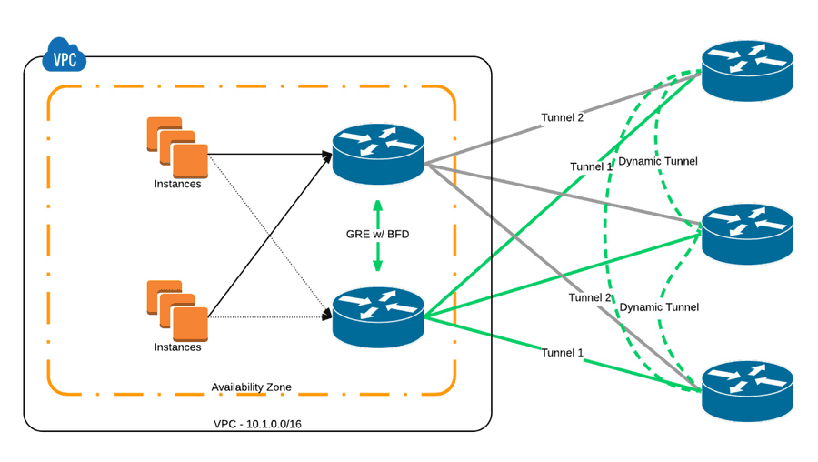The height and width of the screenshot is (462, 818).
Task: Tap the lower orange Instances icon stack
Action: point(177,310)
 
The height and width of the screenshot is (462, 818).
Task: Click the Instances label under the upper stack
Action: point(177,184)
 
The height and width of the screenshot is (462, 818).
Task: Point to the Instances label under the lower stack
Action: point(177,347)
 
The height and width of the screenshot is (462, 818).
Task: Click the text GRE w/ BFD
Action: point(377,235)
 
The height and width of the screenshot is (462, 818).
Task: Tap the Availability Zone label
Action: point(251,387)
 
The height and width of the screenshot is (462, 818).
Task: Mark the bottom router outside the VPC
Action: point(748,390)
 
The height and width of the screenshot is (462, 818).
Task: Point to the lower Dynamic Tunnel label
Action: point(659,307)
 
